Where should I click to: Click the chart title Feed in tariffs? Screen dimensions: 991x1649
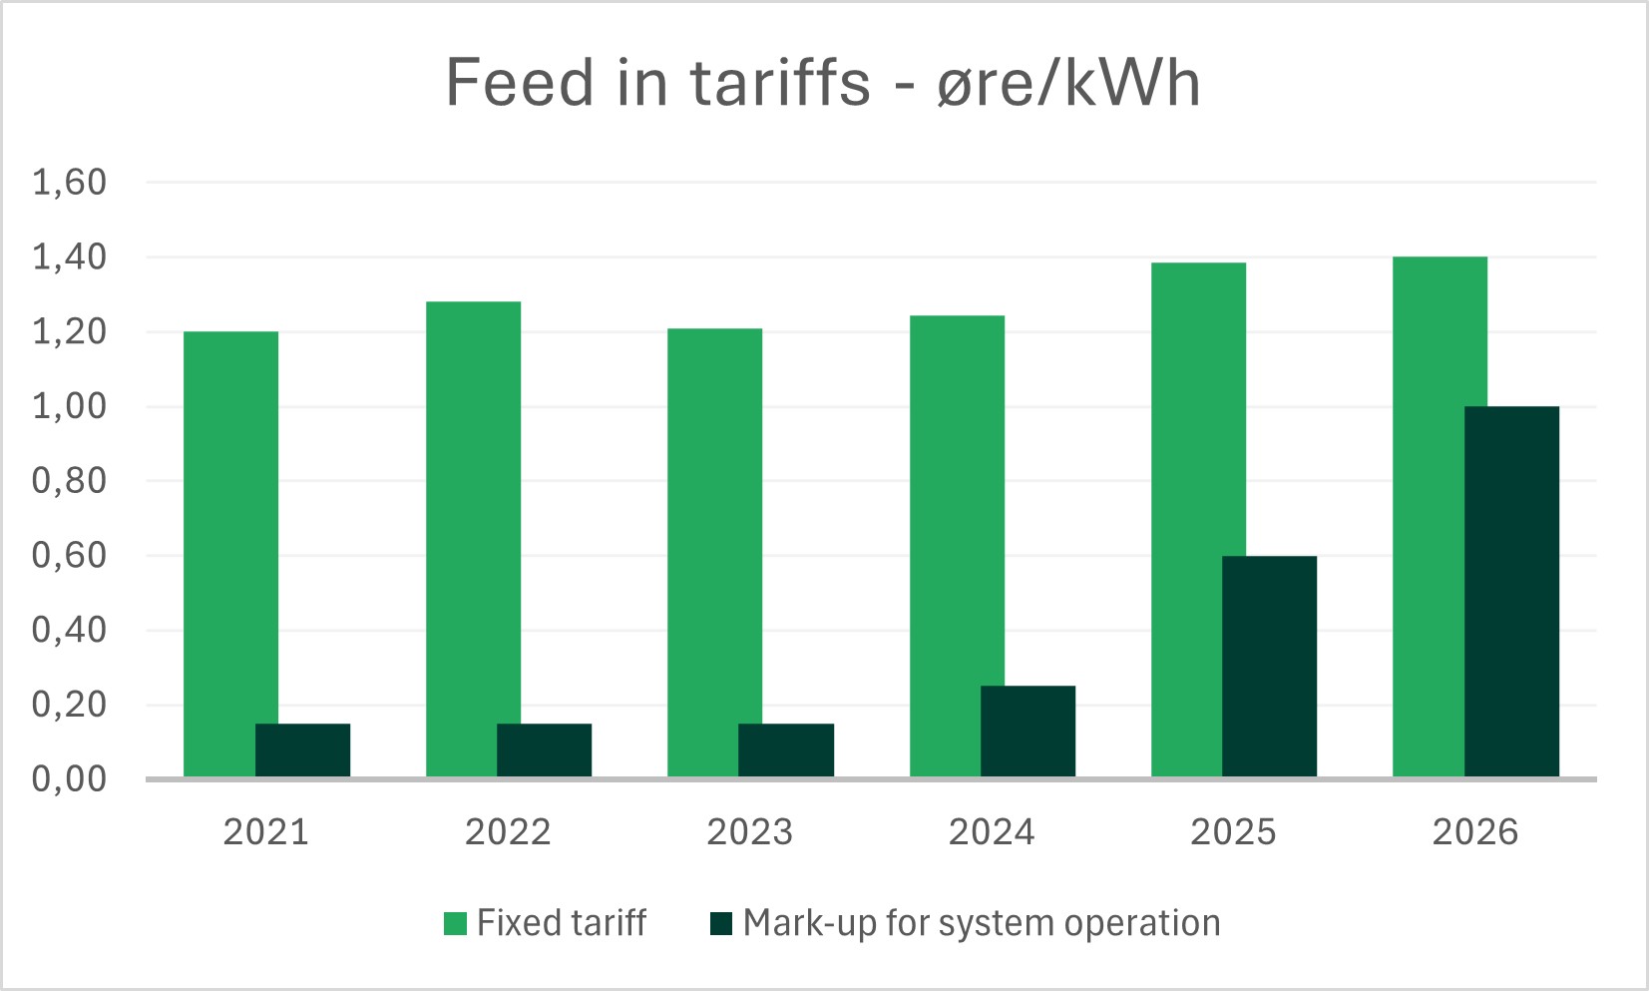(822, 82)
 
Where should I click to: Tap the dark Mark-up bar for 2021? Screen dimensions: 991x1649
(303, 750)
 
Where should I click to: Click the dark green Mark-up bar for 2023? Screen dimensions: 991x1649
(786, 750)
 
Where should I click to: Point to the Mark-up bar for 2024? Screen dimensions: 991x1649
(1028, 732)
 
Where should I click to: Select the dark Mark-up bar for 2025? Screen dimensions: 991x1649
(1269, 667)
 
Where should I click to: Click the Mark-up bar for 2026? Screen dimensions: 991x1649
(1511, 592)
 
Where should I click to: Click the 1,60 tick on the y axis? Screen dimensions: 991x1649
(69, 183)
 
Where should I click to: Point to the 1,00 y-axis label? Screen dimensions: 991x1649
(69, 406)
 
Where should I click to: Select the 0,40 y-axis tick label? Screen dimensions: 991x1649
(69, 630)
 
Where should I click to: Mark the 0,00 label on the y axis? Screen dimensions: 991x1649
(69, 778)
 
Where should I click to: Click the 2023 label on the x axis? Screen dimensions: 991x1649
(749, 832)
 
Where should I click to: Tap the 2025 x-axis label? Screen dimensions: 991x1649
(1233, 832)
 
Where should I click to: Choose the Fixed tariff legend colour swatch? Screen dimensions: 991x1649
(455, 923)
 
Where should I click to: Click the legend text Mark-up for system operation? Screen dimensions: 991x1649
(982, 923)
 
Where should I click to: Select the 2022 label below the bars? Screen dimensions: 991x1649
(508, 832)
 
